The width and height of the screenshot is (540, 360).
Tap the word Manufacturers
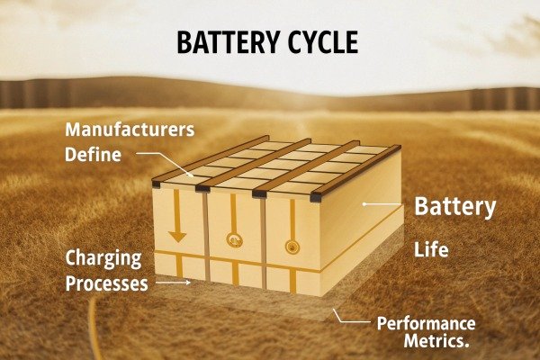130,130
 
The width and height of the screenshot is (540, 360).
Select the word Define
93,154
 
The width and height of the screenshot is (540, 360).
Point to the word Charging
103,259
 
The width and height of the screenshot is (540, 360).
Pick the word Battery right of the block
454,207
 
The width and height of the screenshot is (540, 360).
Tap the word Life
431,249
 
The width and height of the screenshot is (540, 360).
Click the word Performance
426,323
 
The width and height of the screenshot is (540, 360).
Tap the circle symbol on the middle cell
235,240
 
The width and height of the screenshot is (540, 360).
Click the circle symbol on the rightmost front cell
291,246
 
